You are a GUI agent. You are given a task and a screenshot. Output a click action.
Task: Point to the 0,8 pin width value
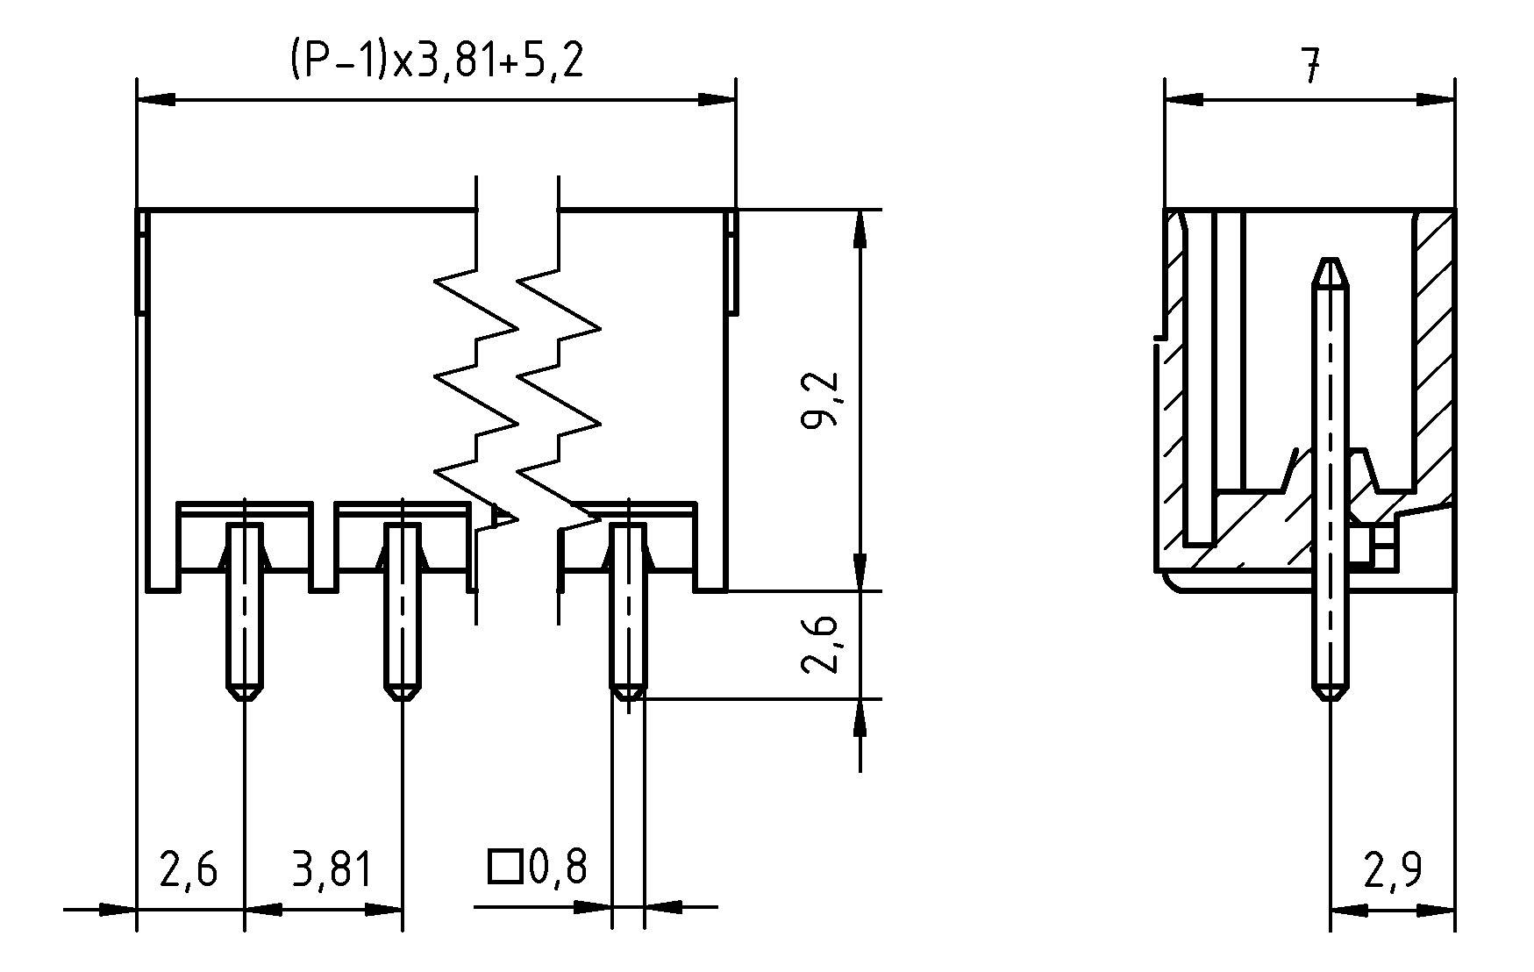click(558, 867)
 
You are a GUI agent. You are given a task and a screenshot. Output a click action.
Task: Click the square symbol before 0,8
click(504, 867)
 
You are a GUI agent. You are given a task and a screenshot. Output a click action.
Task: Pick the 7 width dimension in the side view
click(1309, 66)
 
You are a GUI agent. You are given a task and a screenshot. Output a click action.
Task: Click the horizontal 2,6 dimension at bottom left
click(189, 869)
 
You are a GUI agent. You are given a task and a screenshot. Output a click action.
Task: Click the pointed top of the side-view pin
click(1331, 264)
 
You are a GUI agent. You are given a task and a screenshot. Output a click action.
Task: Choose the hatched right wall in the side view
click(1433, 351)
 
